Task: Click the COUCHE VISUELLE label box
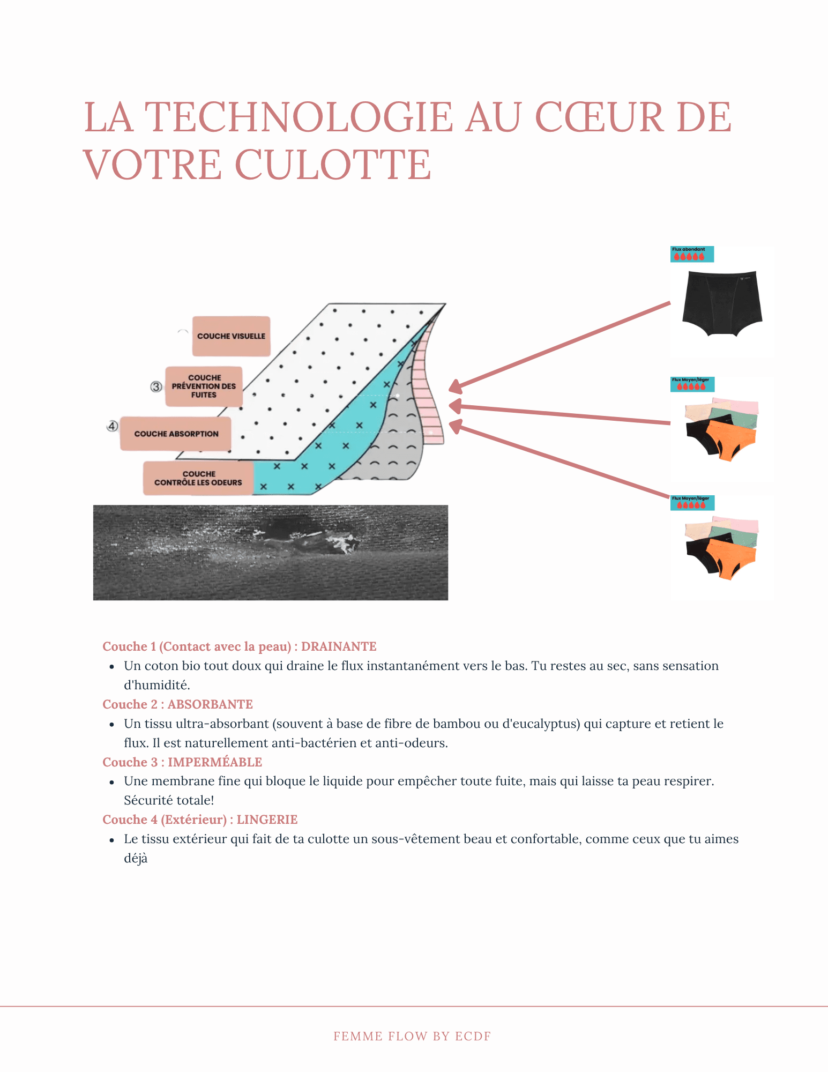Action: coord(231,336)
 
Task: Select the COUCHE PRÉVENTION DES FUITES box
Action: coord(204,386)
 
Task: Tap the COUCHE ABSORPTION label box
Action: coord(176,434)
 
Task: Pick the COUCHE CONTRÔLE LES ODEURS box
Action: coord(198,478)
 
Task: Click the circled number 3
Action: coord(156,386)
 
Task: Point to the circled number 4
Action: coord(112,426)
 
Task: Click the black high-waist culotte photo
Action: coord(722,303)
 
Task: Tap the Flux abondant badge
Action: coord(692,254)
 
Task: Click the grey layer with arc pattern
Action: coord(397,445)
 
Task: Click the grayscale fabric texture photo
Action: coord(270,552)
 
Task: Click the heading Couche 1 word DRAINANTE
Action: coord(339,646)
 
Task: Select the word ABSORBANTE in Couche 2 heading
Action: coord(210,704)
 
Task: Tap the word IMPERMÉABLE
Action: coord(215,762)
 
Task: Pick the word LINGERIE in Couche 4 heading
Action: coord(267,820)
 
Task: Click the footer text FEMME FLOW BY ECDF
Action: coord(412,1036)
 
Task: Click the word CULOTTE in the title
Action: coord(333,165)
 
